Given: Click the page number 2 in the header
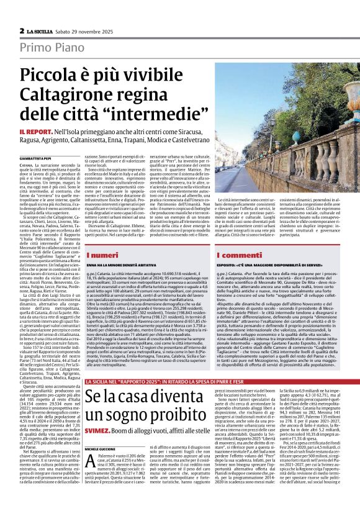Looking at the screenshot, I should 22,30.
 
